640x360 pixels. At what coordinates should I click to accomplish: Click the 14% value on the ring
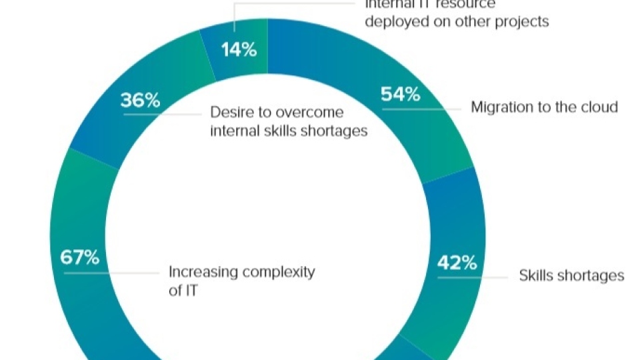coord(239,50)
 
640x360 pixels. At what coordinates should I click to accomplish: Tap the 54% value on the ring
coord(400,95)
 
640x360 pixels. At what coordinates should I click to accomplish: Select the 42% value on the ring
coord(457,263)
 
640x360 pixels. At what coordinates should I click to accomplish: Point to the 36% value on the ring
coord(140,101)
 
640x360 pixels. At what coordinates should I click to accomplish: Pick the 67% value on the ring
coord(79,257)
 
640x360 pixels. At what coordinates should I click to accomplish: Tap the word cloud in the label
coord(597,107)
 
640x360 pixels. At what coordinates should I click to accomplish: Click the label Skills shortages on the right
coord(571,275)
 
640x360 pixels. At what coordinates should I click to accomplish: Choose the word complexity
coord(279,272)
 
